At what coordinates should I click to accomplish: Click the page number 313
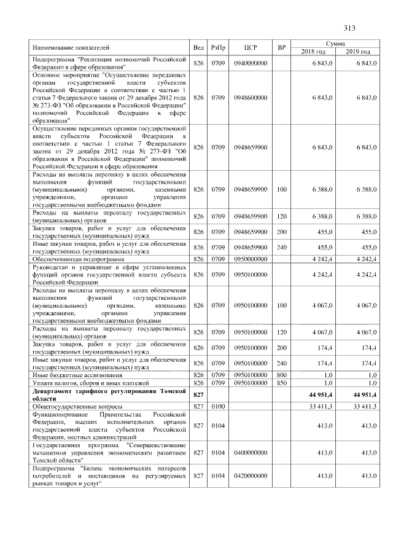tap(349, 28)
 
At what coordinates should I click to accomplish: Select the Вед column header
tap(198, 47)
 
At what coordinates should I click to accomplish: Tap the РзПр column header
tap(218, 47)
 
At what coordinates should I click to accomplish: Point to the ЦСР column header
tap(250, 47)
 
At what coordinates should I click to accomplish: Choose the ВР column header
tap(281, 47)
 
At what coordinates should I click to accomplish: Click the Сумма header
tap(335, 44)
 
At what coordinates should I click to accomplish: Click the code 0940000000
tap(250, 63)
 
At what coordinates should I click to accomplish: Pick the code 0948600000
tap(250, 97)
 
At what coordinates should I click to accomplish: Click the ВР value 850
tap(281, 383)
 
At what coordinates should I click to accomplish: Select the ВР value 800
tap(281, 374)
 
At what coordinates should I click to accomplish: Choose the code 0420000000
tap(250, 476)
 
